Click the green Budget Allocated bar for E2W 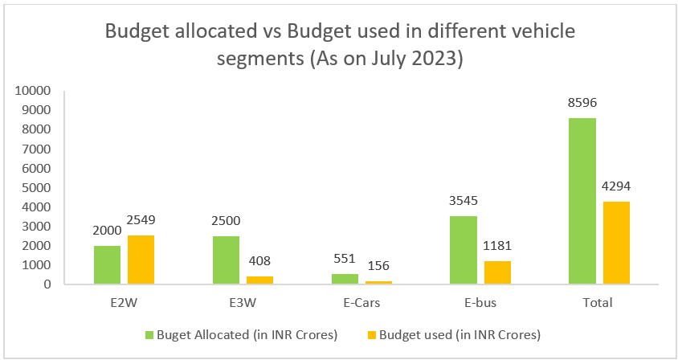[x=107, y=264]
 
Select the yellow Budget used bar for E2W [x=141, y=260]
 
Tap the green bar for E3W [x=226, y=260]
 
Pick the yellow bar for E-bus [x=496, y=272]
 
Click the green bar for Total [x=582, y=201]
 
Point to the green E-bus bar [x=463, y=250]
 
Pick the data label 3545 [x=463, y=201]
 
